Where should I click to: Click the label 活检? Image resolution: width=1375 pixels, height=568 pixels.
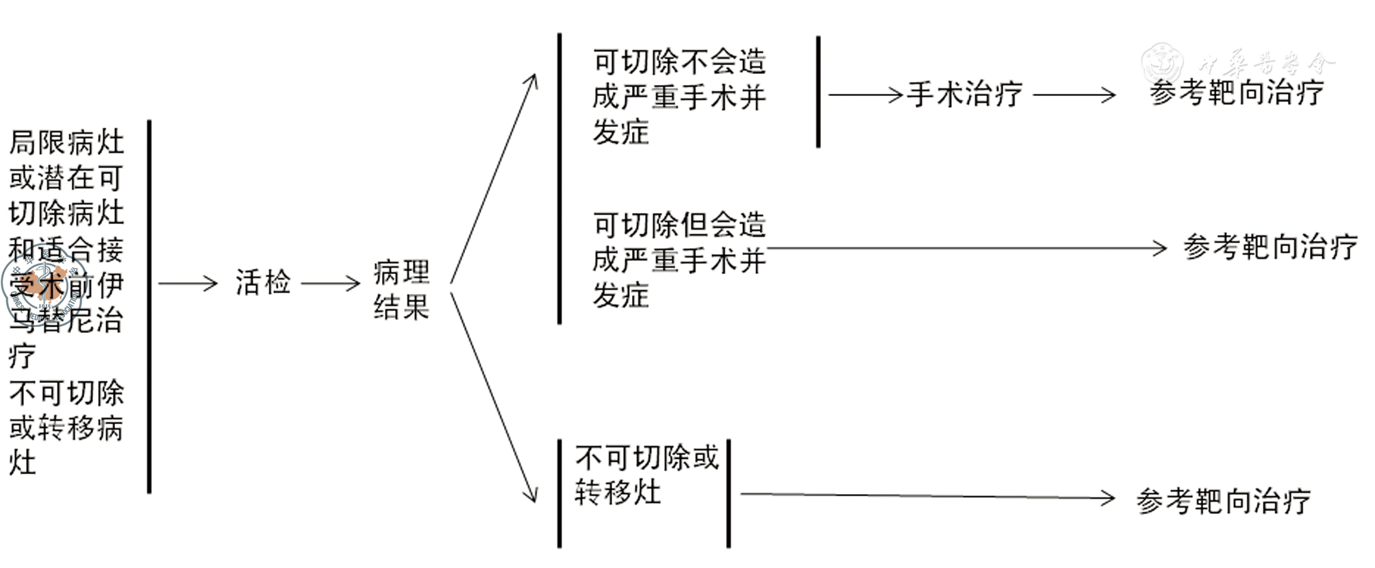point(263,282)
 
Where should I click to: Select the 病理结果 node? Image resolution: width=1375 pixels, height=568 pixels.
point(401,290)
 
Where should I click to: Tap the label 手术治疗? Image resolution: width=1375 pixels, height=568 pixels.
point(965,95)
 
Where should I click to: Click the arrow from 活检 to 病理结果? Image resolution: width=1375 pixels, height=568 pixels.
point(331,283)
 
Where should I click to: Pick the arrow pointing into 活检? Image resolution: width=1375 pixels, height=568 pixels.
point(187,283)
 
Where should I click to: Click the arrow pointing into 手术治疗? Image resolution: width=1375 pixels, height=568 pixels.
point(866,95)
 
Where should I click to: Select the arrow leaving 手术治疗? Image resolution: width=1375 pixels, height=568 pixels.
point(1074,95)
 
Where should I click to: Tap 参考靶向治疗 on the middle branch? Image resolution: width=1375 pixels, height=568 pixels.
point(1270,247)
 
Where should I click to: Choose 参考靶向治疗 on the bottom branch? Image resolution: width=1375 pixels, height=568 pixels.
point(1223,501)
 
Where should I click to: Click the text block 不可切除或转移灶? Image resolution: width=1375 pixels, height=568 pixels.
point(646,475)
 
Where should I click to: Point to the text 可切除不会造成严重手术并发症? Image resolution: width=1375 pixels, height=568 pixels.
point(679,97)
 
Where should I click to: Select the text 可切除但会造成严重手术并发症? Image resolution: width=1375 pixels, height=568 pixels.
point(679,260)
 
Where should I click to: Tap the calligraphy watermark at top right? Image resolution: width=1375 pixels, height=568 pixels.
point(1239,64)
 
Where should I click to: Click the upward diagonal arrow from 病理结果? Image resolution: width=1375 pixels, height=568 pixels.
point(493,178)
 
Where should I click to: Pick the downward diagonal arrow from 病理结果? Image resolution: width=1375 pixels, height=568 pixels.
point(493,397)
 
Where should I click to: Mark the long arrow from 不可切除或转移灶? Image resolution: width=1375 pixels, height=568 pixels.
point(927,496)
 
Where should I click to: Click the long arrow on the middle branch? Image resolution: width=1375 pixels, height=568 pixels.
point(966,248)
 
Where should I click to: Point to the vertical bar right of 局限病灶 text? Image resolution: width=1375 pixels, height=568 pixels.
point(149,306)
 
